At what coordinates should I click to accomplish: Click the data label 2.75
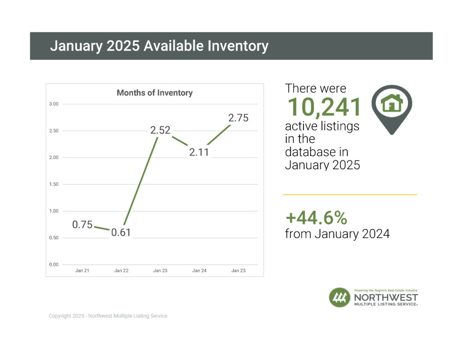[x=238, y=118]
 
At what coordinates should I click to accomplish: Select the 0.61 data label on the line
[x=121, y=232]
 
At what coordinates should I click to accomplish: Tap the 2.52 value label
[x=160, y=130]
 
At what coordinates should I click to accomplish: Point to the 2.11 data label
[x=199, y=152]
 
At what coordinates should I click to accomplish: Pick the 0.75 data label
[x=82, y=224]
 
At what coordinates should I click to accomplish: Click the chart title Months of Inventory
[x=154, y=93]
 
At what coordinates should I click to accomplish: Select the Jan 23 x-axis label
[x=160, y=271]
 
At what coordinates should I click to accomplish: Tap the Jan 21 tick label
[x=82, y=271]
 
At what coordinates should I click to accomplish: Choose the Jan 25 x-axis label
[x=238, y=271]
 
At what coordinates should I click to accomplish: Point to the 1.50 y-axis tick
[x=54, y=184]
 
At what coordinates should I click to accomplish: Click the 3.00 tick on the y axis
[x=54, y=104]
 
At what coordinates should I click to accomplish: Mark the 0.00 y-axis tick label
[x=54, y=265]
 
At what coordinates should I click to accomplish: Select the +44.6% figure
[x=316, y=218]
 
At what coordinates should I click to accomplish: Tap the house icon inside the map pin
[x=392, y=103]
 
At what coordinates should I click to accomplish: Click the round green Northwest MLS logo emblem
[x=339, y=298]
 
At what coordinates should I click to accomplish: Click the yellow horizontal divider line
[x=350, y=195]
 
